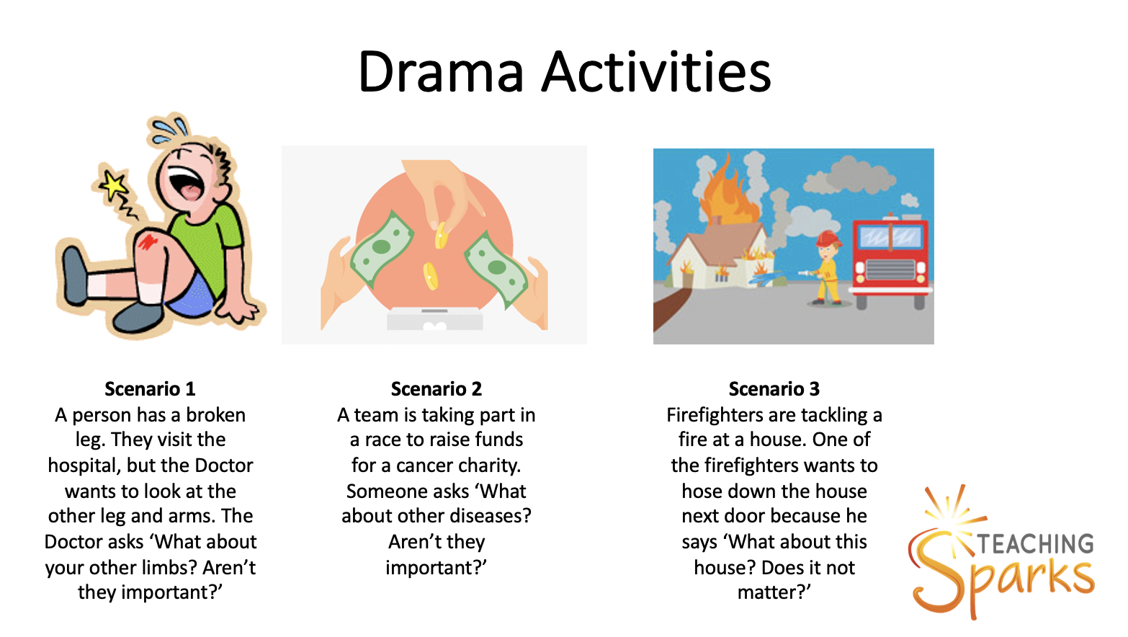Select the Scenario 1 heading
pos(150,389)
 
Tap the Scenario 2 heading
pos(436,389)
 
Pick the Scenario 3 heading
pos(774,389)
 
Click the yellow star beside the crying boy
pos(114,185)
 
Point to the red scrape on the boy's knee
pos(148,241)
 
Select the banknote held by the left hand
pos(381,248)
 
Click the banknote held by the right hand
pos(496,268)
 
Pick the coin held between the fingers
pos(441,236)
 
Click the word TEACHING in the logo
pos(1036,544)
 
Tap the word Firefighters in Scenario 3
pos(714,415)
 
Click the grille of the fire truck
pos(890,269)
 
